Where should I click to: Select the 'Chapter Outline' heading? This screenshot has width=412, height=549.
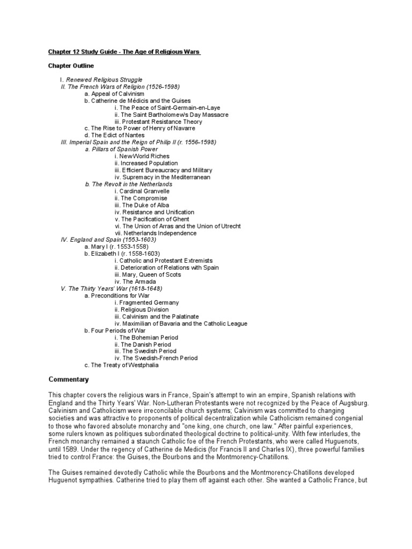tap(71, 65)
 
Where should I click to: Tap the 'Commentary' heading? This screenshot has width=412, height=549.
tap(69, 379)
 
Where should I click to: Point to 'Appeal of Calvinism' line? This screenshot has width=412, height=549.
tap(115, 93)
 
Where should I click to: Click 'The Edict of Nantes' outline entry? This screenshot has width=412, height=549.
tap(115, 135)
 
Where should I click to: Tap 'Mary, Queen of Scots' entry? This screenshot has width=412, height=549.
tap(151, 274)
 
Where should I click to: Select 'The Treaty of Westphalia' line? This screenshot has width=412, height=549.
tap(122, 365)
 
